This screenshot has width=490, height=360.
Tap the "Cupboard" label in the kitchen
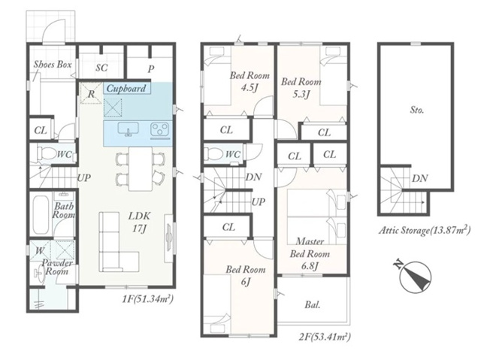(126, 89)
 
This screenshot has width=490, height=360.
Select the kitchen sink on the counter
(128, 129)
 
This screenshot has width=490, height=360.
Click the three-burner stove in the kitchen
(160, 130)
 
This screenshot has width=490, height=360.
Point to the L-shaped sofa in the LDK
(117, 243)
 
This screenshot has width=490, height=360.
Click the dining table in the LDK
(141, 168)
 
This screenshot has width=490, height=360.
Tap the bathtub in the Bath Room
(41, 214)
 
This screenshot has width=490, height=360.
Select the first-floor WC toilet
(46, 153)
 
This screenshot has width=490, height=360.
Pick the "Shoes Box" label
(53, 65)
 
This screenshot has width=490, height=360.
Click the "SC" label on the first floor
(101, 68)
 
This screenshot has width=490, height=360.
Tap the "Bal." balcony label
(313, 304)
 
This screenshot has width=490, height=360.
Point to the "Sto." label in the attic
(416, 110)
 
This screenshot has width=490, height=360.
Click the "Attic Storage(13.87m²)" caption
(425, 230)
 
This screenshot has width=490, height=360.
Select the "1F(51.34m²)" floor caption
(147, 299)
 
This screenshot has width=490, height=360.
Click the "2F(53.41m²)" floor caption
(325, 337)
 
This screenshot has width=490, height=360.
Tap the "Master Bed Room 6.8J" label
(310, 253)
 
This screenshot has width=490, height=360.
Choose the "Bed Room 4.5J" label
(250, 81)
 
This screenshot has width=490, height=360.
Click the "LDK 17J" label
(139, 222)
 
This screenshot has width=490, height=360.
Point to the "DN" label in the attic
(419, 178)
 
